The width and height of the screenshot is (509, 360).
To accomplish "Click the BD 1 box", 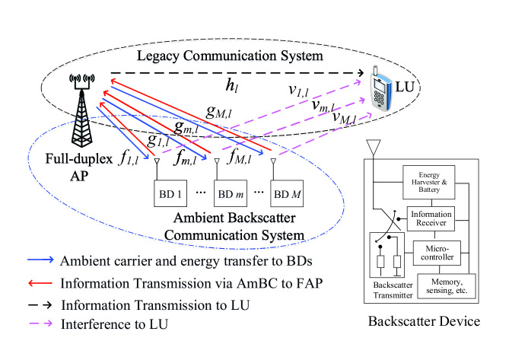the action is [170, 193].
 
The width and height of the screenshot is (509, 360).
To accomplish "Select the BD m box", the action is [231, 193].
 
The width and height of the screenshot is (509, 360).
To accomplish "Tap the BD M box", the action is [287, 193].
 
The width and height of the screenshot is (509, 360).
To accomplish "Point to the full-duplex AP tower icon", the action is [81, 110].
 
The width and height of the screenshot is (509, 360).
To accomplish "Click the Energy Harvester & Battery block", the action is [429, 182].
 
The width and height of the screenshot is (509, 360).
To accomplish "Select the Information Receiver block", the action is [431, 218].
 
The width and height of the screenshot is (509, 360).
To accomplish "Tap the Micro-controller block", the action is [437, 253].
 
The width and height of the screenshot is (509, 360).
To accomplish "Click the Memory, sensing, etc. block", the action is [447, 286].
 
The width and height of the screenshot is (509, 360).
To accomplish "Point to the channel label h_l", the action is [232, 86].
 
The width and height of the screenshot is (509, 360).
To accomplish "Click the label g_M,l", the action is [218, 112].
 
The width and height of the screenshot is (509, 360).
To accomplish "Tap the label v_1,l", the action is [298, 90].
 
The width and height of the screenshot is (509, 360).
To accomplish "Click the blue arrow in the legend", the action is [40, 260].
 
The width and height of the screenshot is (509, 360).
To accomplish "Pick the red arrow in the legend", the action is [40, 283].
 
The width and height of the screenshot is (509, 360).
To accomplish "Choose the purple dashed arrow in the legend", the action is [40, 323].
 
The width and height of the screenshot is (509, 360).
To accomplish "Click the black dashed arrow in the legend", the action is [40, 305].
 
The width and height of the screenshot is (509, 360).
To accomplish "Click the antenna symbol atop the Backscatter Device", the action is [374, 148].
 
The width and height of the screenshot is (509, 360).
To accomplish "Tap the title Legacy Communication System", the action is [230, 56].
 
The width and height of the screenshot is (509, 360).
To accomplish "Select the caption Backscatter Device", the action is [424, 321].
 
